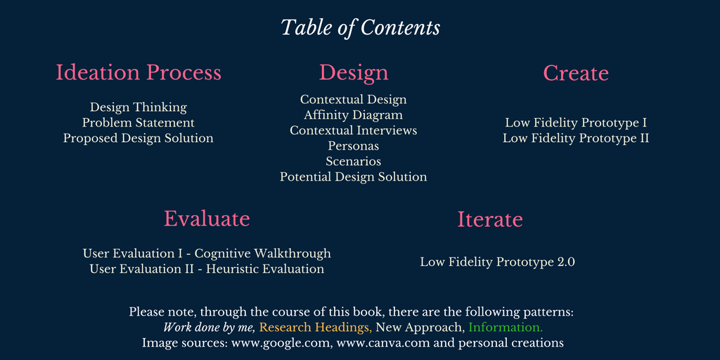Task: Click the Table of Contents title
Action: [361, 28]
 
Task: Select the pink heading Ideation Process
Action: [139, 72]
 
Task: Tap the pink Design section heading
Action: [354, 73]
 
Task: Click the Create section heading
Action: [576, 73]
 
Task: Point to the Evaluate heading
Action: [207, 219]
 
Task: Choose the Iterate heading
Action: [490, 219]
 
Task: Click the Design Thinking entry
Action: [139, 108]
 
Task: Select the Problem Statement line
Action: [139, 123]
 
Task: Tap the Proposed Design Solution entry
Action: [139, 139]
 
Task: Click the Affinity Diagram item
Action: [353, 115]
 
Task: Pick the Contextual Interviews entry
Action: [353, 130]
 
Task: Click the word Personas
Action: [353, 146]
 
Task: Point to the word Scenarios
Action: [353, 162]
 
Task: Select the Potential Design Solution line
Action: [353, 176]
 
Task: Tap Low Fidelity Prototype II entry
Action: [576, 139]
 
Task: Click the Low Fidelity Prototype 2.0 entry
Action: [497, 263]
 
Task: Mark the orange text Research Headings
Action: [316, 328]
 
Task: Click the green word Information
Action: [506, 328]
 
